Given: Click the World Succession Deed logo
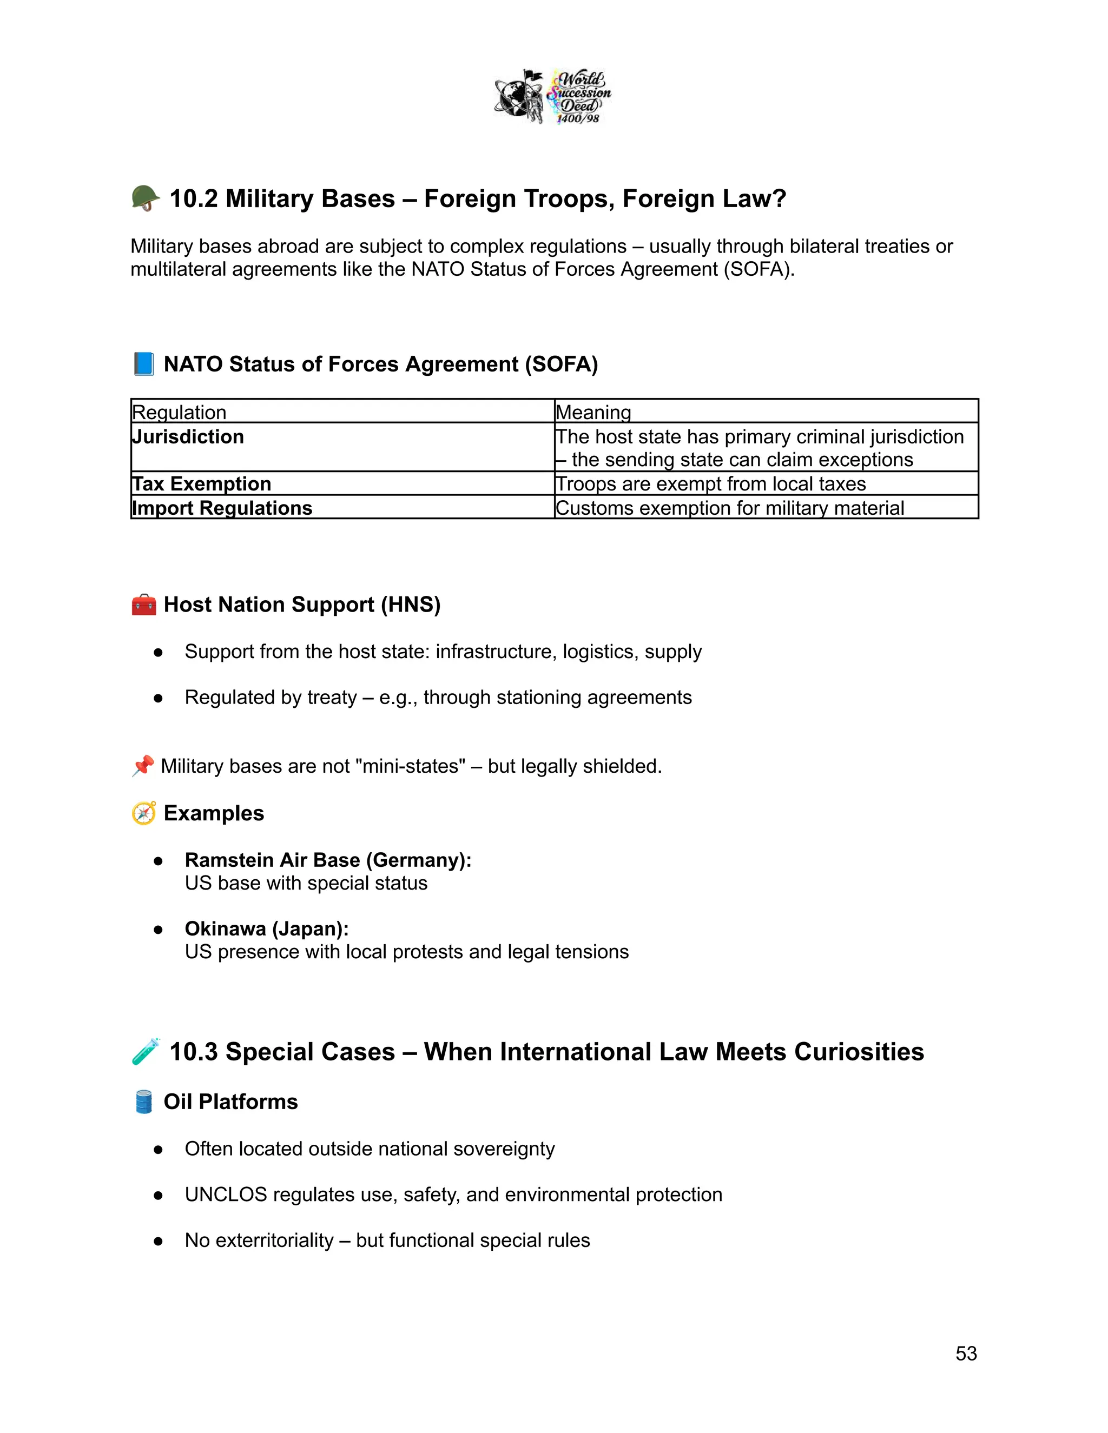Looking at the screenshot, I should pos(553,96).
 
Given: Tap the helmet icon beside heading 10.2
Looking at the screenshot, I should pos(145,198).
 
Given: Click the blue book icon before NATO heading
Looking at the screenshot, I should pos(144,363).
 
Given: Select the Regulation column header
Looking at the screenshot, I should pos(179,412).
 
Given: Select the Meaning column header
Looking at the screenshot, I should pos(593,412).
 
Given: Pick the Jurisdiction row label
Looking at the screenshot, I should pos(188,437).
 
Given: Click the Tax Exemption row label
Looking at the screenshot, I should pos(201,483).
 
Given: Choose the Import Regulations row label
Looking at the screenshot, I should pos(222,508).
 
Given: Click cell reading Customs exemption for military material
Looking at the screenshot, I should pos(729,508).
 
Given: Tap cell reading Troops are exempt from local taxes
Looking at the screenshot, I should pos(710,483).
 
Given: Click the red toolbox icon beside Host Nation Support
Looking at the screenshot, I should pos(144,605).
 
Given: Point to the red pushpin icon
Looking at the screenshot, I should pos(142,766).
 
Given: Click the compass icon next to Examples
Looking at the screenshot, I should pos(144,813).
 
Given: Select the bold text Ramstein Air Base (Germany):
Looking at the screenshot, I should pos(327,860).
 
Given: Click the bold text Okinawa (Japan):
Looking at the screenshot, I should pos(267,928).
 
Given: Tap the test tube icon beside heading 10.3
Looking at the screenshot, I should pos(146,1051).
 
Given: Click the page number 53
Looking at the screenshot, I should pos(966,1353).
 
